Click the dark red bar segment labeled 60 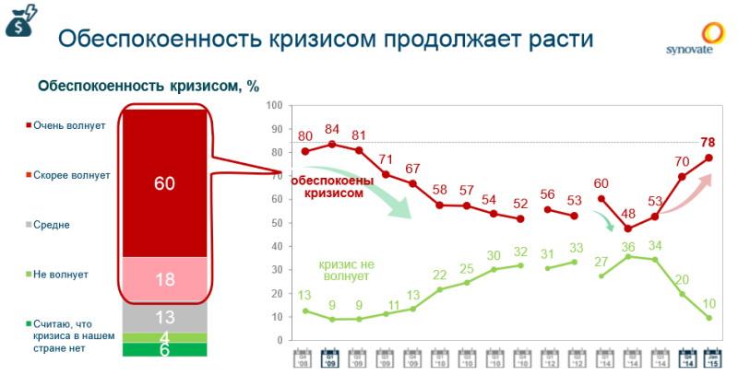(164, 182)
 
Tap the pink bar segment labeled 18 (164, 277)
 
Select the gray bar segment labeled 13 (164, 316)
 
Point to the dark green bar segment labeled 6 (164, 350)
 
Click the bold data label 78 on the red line (708, 142)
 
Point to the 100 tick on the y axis (274, 105)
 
